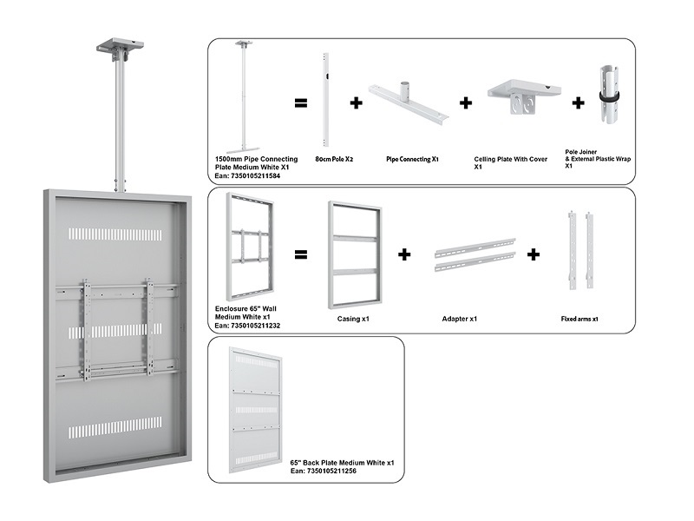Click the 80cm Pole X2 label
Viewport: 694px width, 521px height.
point(334,159)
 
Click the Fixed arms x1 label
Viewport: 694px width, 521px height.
point(579,319)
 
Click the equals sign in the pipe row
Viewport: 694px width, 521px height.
point(300,103)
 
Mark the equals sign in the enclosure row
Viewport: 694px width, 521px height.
point(300,255)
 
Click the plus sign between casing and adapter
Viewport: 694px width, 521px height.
point(404,255)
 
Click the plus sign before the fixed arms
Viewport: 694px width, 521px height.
point(534,255)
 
